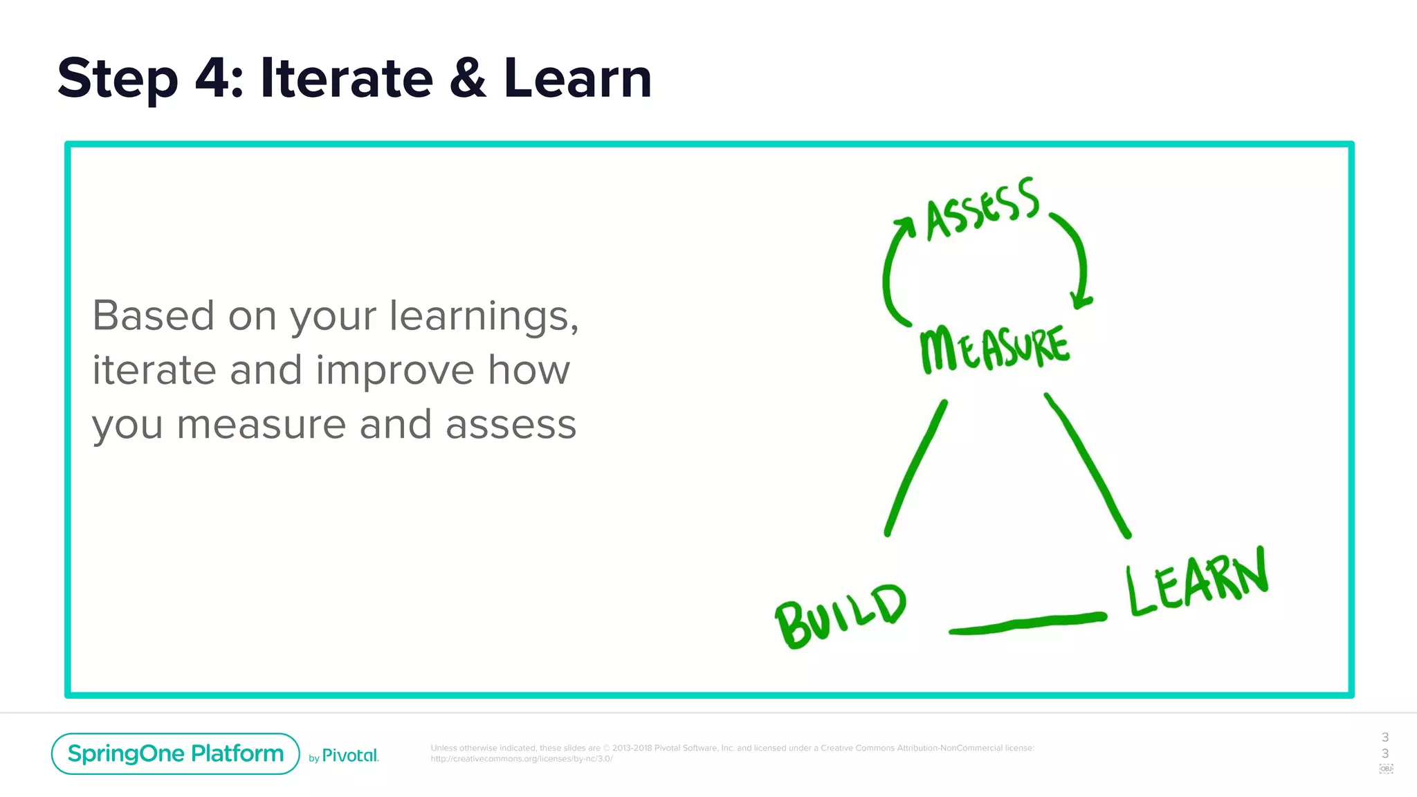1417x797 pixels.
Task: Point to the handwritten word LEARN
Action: (1197, 583)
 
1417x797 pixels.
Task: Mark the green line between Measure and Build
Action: (915, 468)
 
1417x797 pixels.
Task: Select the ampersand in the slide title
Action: (468, 78)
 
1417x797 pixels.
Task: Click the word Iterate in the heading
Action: (346, 78)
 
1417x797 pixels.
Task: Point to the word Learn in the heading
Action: (578, 78)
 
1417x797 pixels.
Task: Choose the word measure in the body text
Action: (261, 425)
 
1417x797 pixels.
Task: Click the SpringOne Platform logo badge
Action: (176, 753)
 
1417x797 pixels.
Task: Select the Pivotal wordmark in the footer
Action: (350, 755)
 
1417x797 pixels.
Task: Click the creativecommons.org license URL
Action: (521, 759)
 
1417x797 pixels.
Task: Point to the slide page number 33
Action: (1384, 745)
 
